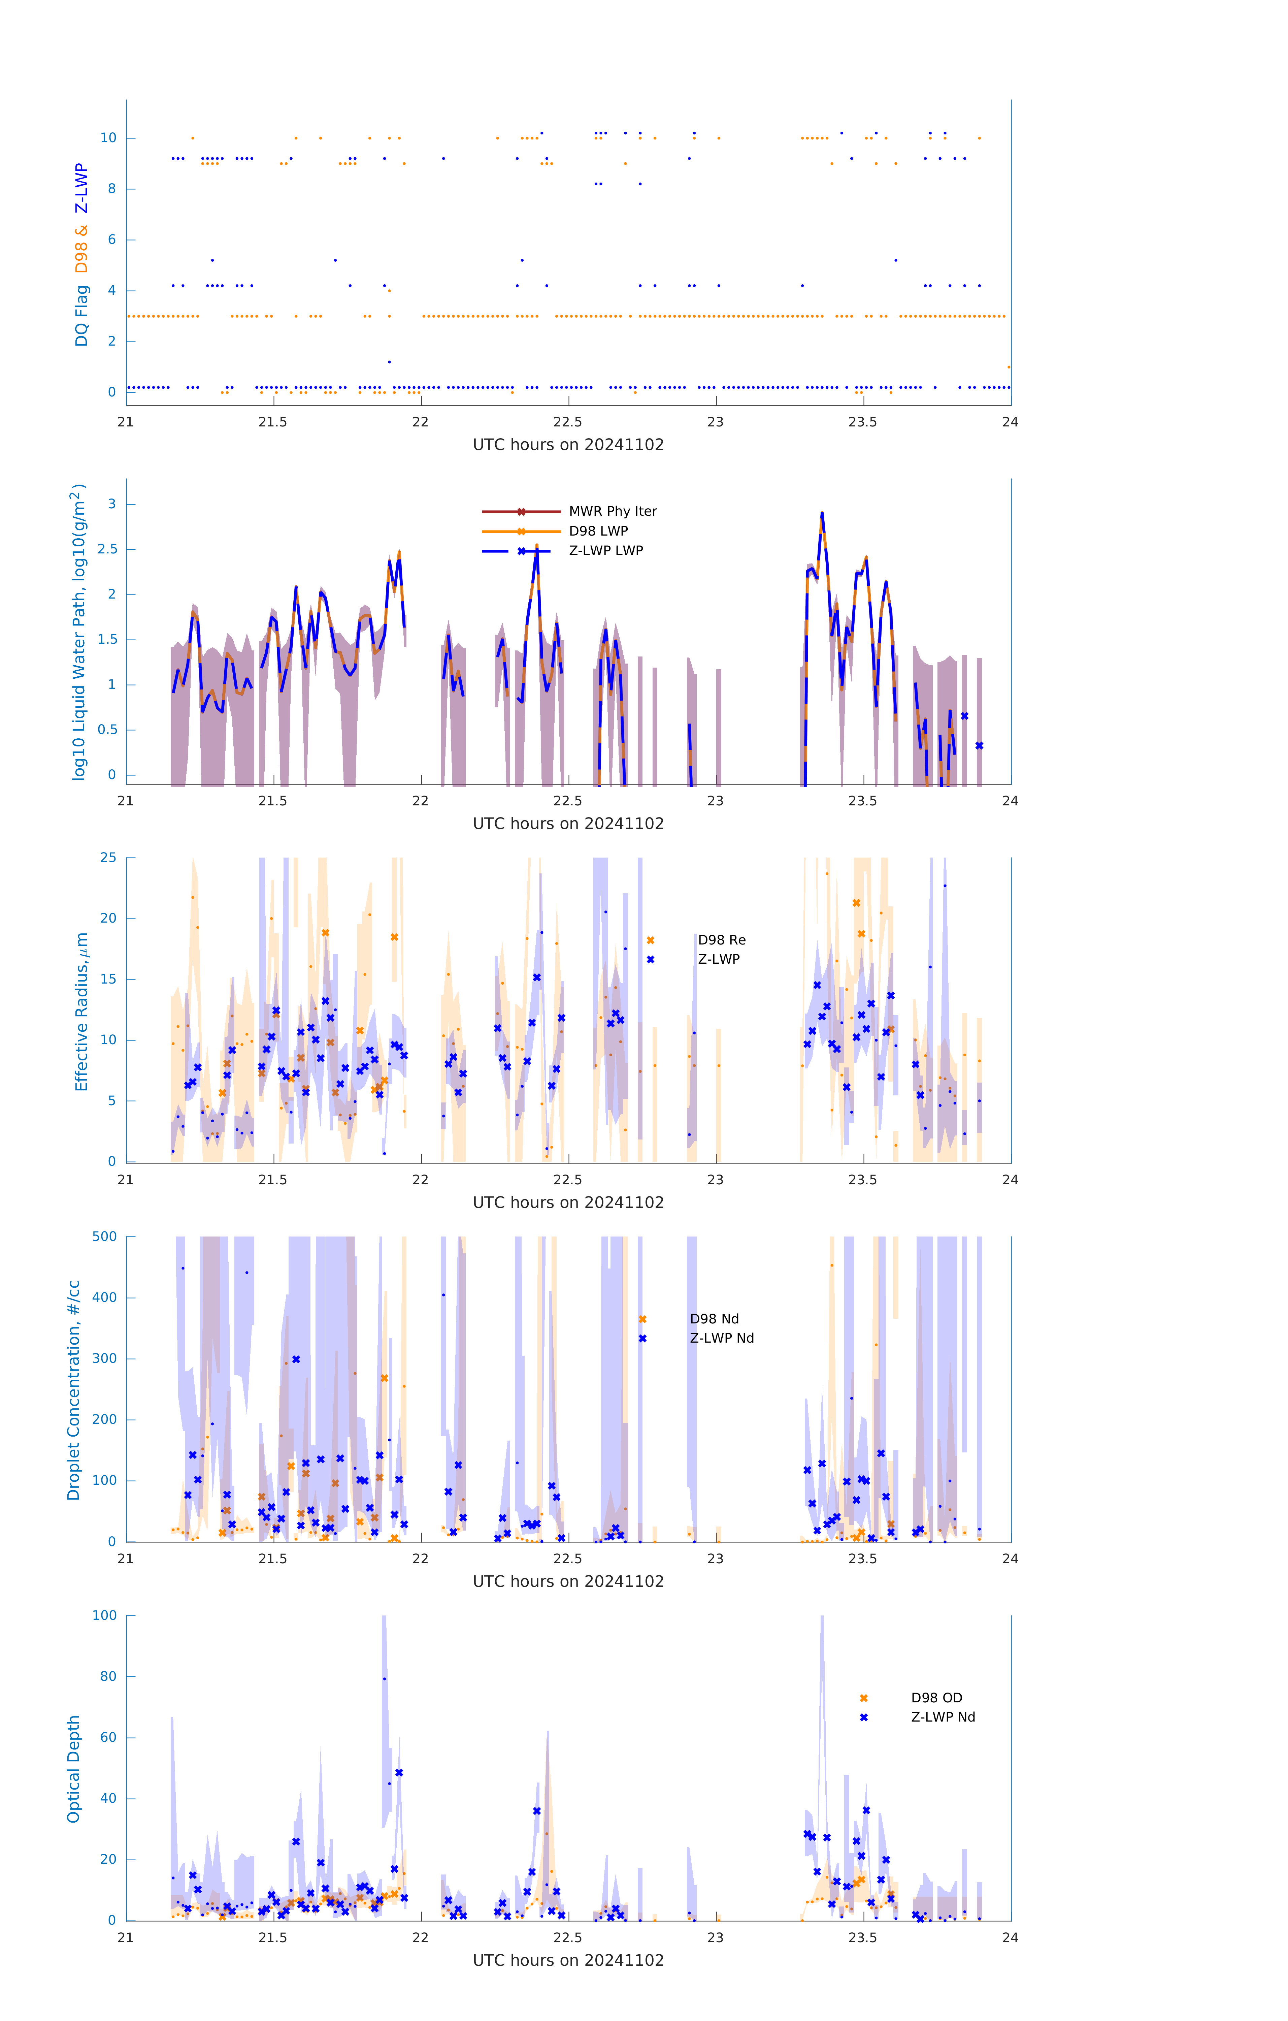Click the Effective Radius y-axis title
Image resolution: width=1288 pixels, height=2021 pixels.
click(81, 1011)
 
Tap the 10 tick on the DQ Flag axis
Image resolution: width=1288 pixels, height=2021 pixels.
click(108, 138)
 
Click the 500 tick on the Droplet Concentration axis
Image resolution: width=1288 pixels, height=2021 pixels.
click(105, 1236)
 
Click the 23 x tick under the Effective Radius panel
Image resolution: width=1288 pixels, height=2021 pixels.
click(715, 1179)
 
